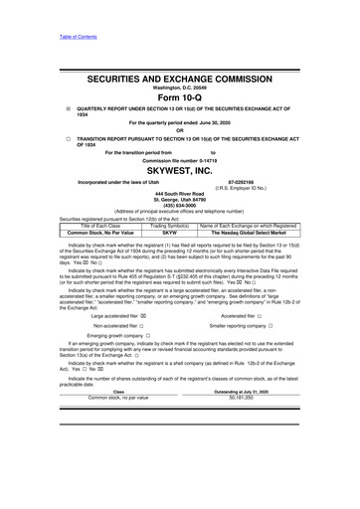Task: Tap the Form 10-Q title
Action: pos(180,98)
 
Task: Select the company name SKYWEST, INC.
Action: pos(180,171)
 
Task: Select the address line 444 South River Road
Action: pos(179,196)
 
